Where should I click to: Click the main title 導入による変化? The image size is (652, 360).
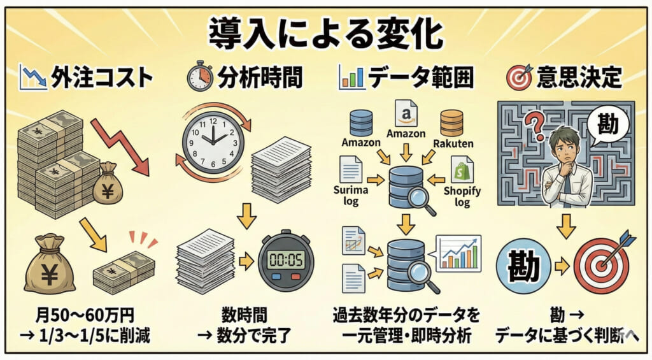tap(325, 31)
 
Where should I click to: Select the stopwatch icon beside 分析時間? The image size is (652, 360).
tap(199, 77)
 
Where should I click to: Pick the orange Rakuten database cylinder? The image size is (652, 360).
tap(451, 122)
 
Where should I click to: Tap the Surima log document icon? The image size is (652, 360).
tap(351, 170)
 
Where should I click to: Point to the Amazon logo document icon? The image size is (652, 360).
tap(406, 114)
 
